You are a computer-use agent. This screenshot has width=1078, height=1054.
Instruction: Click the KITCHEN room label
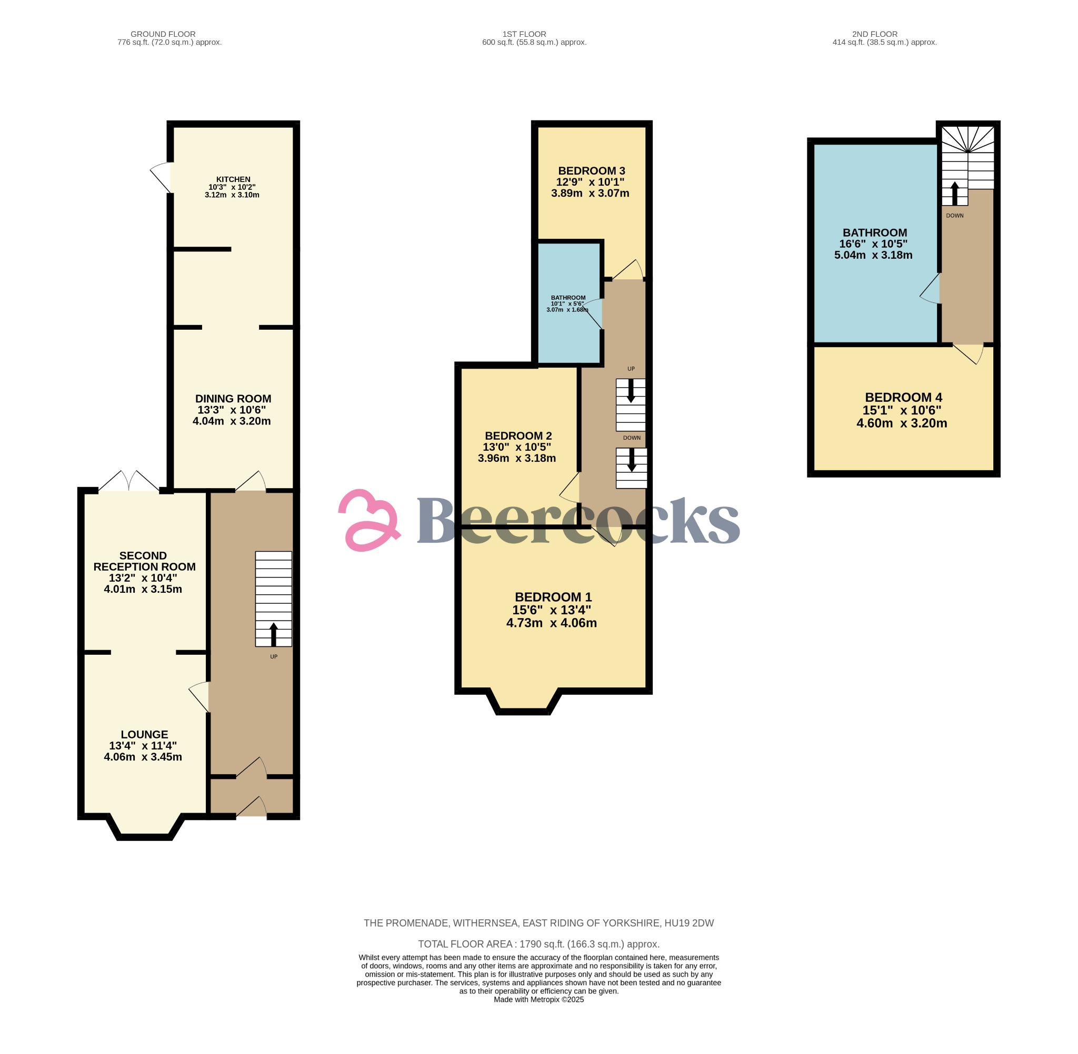(233, 179)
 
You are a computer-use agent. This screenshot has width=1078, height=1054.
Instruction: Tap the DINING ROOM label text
(233, 399)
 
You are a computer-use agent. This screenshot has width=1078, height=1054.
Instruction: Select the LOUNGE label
(144, 735)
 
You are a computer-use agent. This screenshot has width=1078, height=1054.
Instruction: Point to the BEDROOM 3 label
(591, 171)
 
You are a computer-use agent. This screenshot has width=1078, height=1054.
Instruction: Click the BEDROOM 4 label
(903, 398)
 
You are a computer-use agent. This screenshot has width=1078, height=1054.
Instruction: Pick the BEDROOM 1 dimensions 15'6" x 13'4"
(551, 610)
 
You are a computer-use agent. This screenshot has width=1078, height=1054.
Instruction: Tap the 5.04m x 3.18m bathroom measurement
(873, 255)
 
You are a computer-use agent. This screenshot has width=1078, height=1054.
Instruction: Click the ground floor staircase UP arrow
(274, 634)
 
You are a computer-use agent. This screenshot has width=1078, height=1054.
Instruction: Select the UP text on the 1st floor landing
(631, 369)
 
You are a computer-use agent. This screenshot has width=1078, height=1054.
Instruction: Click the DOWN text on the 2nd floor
(954, 216)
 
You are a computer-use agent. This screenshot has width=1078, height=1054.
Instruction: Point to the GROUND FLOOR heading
(163, 34)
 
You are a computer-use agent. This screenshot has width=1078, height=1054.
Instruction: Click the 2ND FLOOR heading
(875, 34)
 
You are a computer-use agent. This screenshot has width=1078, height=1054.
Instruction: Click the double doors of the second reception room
(129, 481)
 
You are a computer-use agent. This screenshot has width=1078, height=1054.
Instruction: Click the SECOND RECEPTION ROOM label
(144, 561)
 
